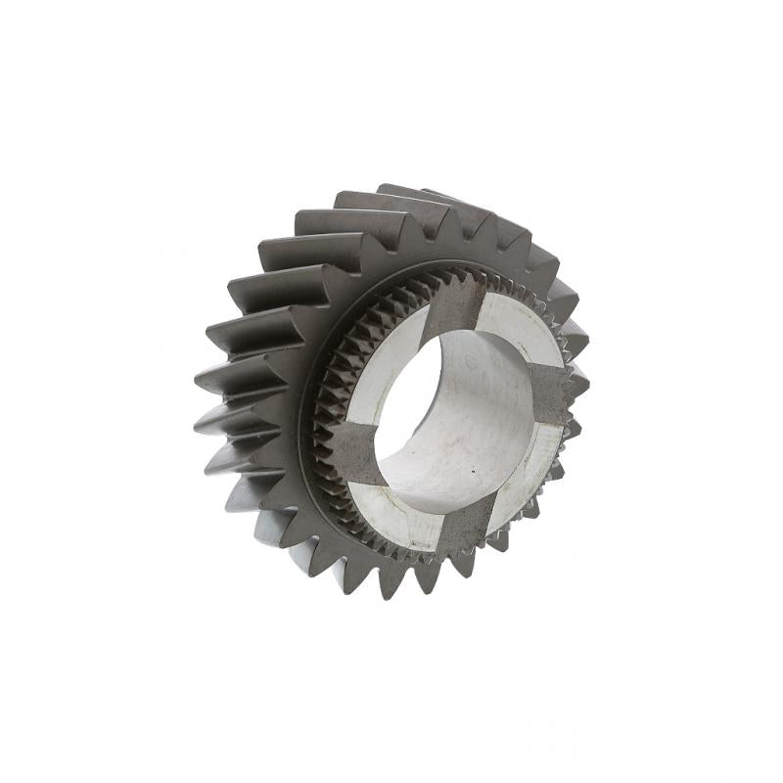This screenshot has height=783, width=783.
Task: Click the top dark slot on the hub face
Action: click(x=454, y=304)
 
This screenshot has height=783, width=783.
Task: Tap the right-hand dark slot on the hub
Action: click(x=549, y=395)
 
